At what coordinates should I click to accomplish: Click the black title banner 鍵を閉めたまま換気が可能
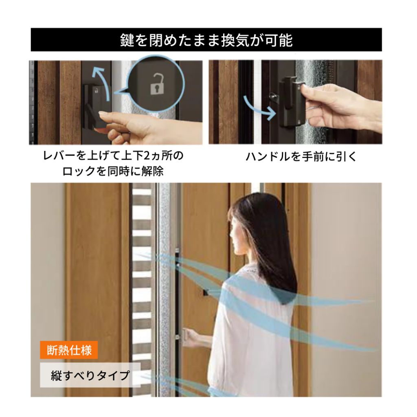[206, 40]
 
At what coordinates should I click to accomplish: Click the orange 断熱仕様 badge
[69, 350]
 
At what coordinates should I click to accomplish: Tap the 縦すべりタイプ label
[90, 375]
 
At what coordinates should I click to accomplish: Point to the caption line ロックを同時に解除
[113, 171]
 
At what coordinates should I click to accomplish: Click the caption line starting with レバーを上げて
[113, 156]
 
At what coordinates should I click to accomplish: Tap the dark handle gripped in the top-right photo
[292, 101]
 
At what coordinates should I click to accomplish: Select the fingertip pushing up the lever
[102, 114]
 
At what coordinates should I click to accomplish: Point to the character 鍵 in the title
[127, 40]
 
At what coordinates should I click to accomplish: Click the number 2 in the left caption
[147, 156]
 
